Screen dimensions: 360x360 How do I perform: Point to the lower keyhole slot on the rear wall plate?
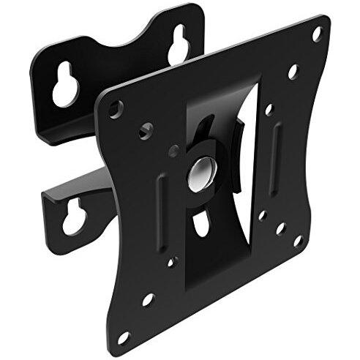(73, 219)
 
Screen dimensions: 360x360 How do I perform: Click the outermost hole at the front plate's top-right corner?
(317, 34)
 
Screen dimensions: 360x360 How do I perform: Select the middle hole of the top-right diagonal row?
(293, 72)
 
